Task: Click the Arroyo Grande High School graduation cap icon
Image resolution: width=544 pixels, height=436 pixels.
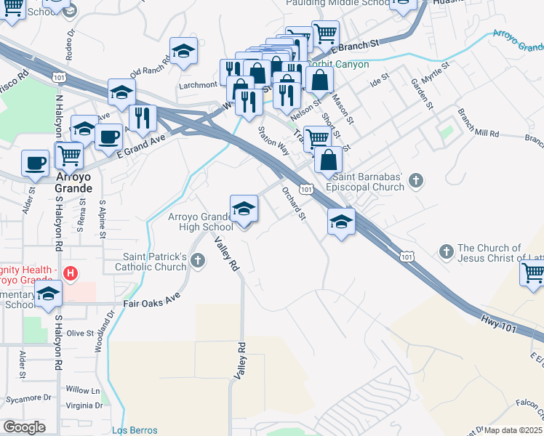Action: tap(244, 209)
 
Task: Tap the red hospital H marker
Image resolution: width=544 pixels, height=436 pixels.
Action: tap(70, 274)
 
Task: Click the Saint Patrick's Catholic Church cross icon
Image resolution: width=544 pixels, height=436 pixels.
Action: tap(196, 259)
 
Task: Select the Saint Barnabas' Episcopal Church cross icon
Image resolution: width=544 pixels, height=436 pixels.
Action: tap(415, 179)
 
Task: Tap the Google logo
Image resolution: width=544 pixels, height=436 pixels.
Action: tap(24, 427)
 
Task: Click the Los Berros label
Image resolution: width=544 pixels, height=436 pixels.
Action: tap(135, 430)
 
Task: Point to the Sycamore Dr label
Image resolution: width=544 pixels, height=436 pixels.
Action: tap(28, 397)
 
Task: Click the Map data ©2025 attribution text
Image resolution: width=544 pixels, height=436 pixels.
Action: tap(511, 430)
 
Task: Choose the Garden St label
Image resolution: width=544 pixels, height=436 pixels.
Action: tap(423, 94)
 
